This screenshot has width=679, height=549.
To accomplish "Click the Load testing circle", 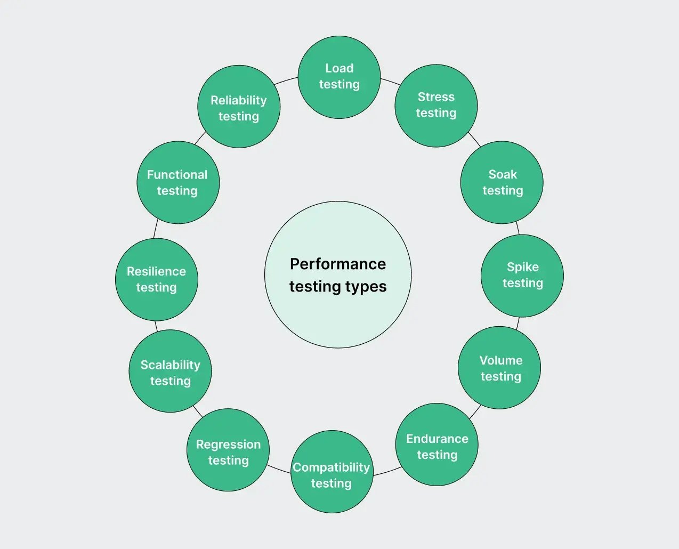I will [x=339, y=77].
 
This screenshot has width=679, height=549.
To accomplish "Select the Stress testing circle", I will [x=436, y=106].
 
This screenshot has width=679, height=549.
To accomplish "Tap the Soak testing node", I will [x=502, y=182].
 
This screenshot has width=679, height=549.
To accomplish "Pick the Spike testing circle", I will [x=522, y=276].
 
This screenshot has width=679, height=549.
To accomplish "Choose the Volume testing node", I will [x=499, y=368].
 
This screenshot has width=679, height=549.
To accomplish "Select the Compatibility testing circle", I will [x=332, y=472].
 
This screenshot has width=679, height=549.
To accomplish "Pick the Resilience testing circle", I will [x=156, y=279].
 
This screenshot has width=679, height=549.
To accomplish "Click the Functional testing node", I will [x=178, y=182].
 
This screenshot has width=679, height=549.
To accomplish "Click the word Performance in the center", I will [x=338, y=264].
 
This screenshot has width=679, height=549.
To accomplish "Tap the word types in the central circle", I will [x=365, y=287].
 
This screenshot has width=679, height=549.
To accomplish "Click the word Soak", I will [x=503, y=174].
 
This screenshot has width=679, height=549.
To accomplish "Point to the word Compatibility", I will [x=331, y=467].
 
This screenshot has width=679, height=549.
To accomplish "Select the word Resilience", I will [x=156, y=271].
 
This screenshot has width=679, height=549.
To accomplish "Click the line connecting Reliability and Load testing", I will [x=286, y=80].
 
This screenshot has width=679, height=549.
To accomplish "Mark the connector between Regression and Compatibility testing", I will [x=279, y=469].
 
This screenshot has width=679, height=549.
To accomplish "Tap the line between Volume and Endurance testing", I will [x=475, y=411].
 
